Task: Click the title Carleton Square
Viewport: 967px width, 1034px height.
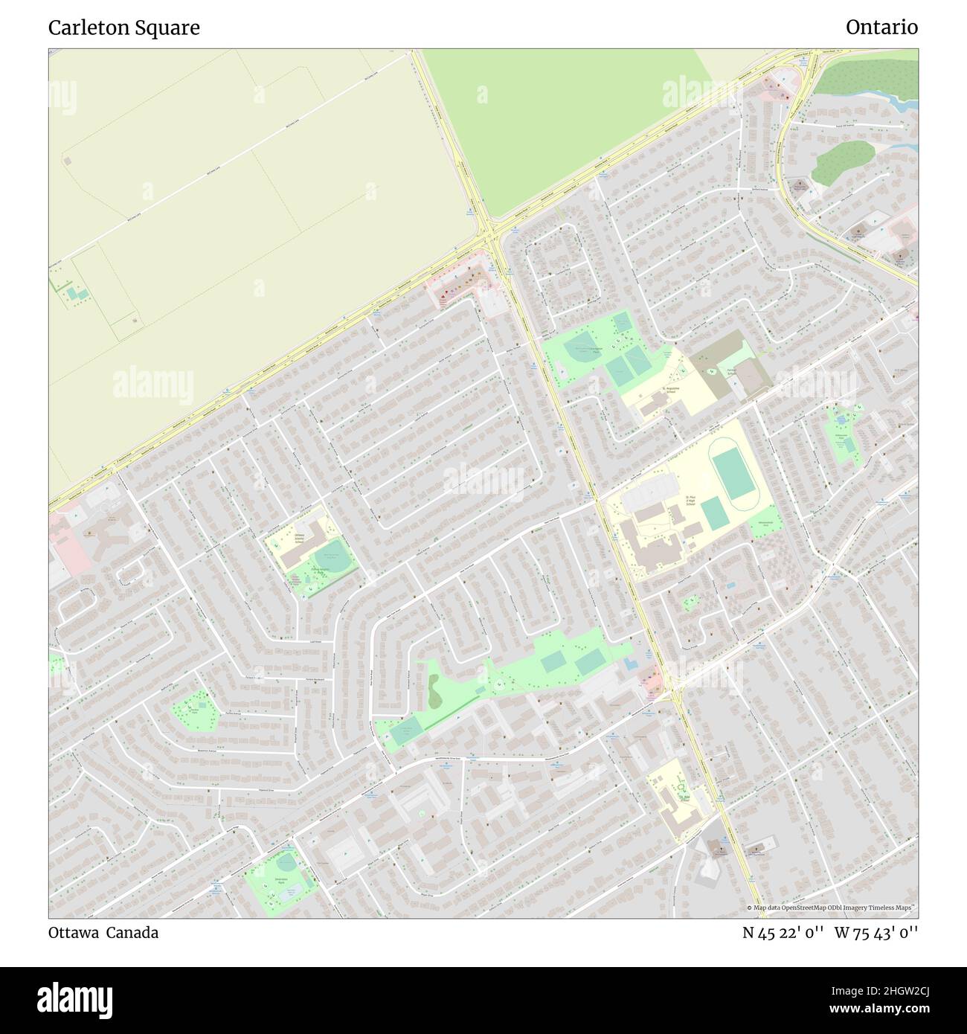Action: pos(123,28)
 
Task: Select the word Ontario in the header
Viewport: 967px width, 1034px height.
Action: pos(881,28)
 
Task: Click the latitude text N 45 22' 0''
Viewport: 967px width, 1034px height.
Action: pos(783,932)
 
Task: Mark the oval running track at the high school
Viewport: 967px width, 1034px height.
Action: pos(734,473)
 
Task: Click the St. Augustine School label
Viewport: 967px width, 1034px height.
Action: pos(672,389)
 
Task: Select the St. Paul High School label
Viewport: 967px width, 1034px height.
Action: pos(691,499)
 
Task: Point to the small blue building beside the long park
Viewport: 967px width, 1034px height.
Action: pos(629,664)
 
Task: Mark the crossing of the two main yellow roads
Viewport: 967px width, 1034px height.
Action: pos(492,237)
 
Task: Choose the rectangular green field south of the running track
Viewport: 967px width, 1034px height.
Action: pos(713,513)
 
